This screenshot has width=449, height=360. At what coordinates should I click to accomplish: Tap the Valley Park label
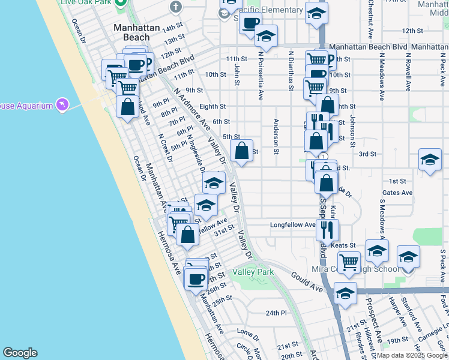click(x=258, y=272)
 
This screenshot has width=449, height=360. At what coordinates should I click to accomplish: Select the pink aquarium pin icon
click(x=62, y=105)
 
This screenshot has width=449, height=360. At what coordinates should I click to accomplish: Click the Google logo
click(x=20, y=353)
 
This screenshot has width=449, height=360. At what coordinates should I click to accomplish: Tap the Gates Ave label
click(x=397, y=193)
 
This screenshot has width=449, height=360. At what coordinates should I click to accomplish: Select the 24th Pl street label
click(x=277, y=313)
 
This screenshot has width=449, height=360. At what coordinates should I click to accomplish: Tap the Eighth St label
click(x=212, y=106)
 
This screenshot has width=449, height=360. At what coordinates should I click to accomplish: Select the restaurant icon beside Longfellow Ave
click(x=327, y=229)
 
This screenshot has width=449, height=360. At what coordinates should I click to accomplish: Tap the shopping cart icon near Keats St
click(x=348, y=262)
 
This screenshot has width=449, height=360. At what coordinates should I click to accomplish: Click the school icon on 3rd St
click(x=430, y=160)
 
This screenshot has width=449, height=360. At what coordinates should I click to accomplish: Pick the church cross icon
click(x=175, y=7)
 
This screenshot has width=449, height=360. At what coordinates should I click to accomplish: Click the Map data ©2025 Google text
click(x=412, y=355)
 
